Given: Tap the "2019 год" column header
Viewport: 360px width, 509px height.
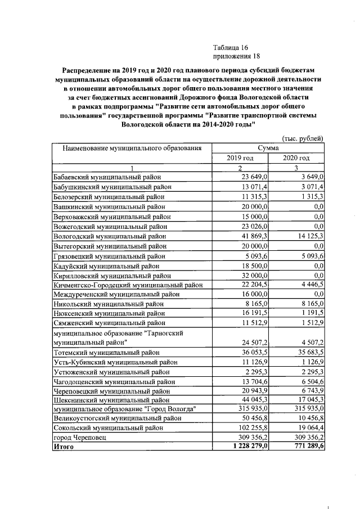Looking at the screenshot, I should pyautogui.click(x=240, y=158).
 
